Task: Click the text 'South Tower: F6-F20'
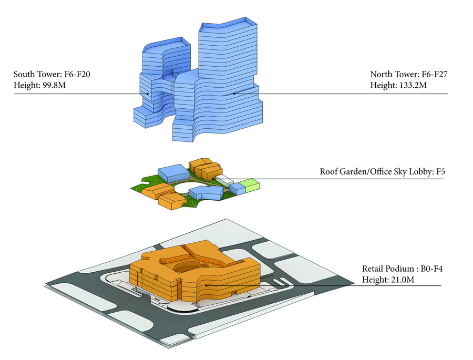click(x=52, y=74)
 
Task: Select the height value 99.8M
click(x=53, y=85)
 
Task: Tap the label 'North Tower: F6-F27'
click(x=409, y=74)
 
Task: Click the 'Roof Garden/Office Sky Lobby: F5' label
click(x=382, y=172)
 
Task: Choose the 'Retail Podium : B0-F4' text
click(x=402, y=269)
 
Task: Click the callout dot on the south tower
click(x=148, y=94)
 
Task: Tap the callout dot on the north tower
click(x=234, y=94)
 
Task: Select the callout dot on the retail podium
click(x=206, y=285)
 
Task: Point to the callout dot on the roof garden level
click(x=213, y=179)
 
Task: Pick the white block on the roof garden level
click(x=225, y=180)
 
